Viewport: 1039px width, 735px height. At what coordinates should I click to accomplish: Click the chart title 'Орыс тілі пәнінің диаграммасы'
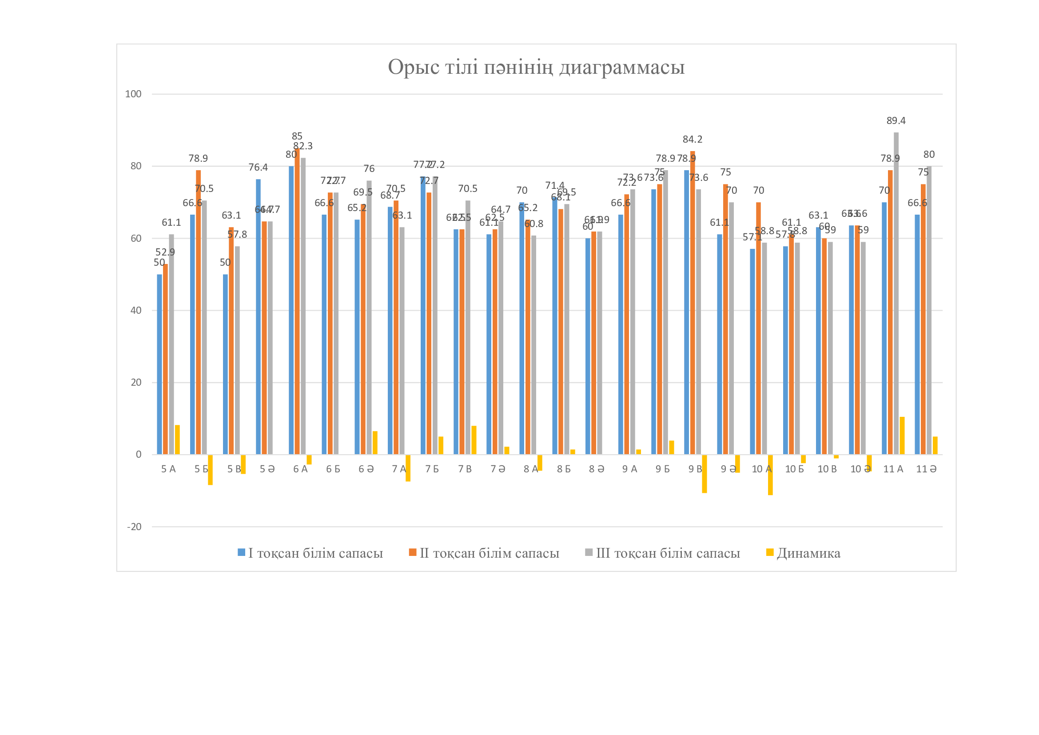(536, 67)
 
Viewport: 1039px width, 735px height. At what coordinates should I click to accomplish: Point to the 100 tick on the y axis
(133, 94)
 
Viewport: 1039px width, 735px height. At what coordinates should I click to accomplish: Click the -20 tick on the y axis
(134, 527)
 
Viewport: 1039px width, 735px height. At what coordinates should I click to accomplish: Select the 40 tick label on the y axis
(136, 311)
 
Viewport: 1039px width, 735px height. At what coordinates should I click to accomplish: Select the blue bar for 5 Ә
(258, 317)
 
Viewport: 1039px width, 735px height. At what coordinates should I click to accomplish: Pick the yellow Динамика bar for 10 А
(770, 475)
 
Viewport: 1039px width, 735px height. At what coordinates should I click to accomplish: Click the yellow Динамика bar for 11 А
(902, 435)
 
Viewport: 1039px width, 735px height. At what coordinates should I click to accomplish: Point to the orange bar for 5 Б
(198, 312)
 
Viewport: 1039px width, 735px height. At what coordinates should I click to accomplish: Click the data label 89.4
(896, 121)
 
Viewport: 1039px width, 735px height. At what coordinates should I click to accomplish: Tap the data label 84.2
(693, 140)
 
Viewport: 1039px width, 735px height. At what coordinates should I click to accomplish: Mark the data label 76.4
(258, 168)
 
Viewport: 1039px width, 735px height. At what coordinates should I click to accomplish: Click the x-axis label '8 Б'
(563, 469)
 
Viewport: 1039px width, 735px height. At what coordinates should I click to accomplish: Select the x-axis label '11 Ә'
(926, 469)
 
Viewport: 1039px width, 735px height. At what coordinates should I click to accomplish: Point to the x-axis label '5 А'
(168, 469)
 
